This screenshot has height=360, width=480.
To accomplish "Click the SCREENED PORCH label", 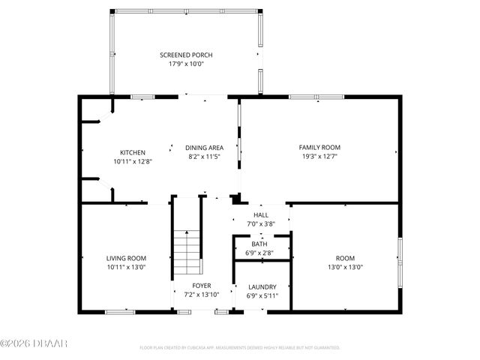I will point(186,55).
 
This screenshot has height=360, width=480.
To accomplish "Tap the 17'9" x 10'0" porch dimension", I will point(186,64).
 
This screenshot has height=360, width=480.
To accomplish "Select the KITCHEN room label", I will point(133,152).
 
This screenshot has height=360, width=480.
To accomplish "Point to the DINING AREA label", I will point(205,148).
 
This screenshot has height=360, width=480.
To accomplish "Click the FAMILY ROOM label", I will point(319,148).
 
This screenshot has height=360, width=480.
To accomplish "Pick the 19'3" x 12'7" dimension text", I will point(319,156).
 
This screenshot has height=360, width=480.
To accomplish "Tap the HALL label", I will point(260,215).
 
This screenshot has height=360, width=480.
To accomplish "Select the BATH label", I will point(259,244).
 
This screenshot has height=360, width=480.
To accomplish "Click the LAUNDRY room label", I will point(262,286).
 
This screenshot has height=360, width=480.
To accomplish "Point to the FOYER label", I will point(201,286).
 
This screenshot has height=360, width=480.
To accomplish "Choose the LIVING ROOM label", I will point(126,258).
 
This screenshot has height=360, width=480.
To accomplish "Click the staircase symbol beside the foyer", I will point(188,254).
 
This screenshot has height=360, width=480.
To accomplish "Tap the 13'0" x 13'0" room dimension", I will point(345,266).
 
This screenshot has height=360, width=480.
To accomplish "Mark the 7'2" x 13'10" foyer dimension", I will point(201,295).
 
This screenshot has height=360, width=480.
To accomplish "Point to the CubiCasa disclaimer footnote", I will point(240,348).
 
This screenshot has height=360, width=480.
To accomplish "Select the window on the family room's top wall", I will point(311,97).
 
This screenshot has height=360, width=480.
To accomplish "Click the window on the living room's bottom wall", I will point(120,311).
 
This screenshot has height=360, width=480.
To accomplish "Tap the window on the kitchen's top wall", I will point(142,97).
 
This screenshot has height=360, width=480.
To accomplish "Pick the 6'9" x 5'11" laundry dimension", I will point(262,295).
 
